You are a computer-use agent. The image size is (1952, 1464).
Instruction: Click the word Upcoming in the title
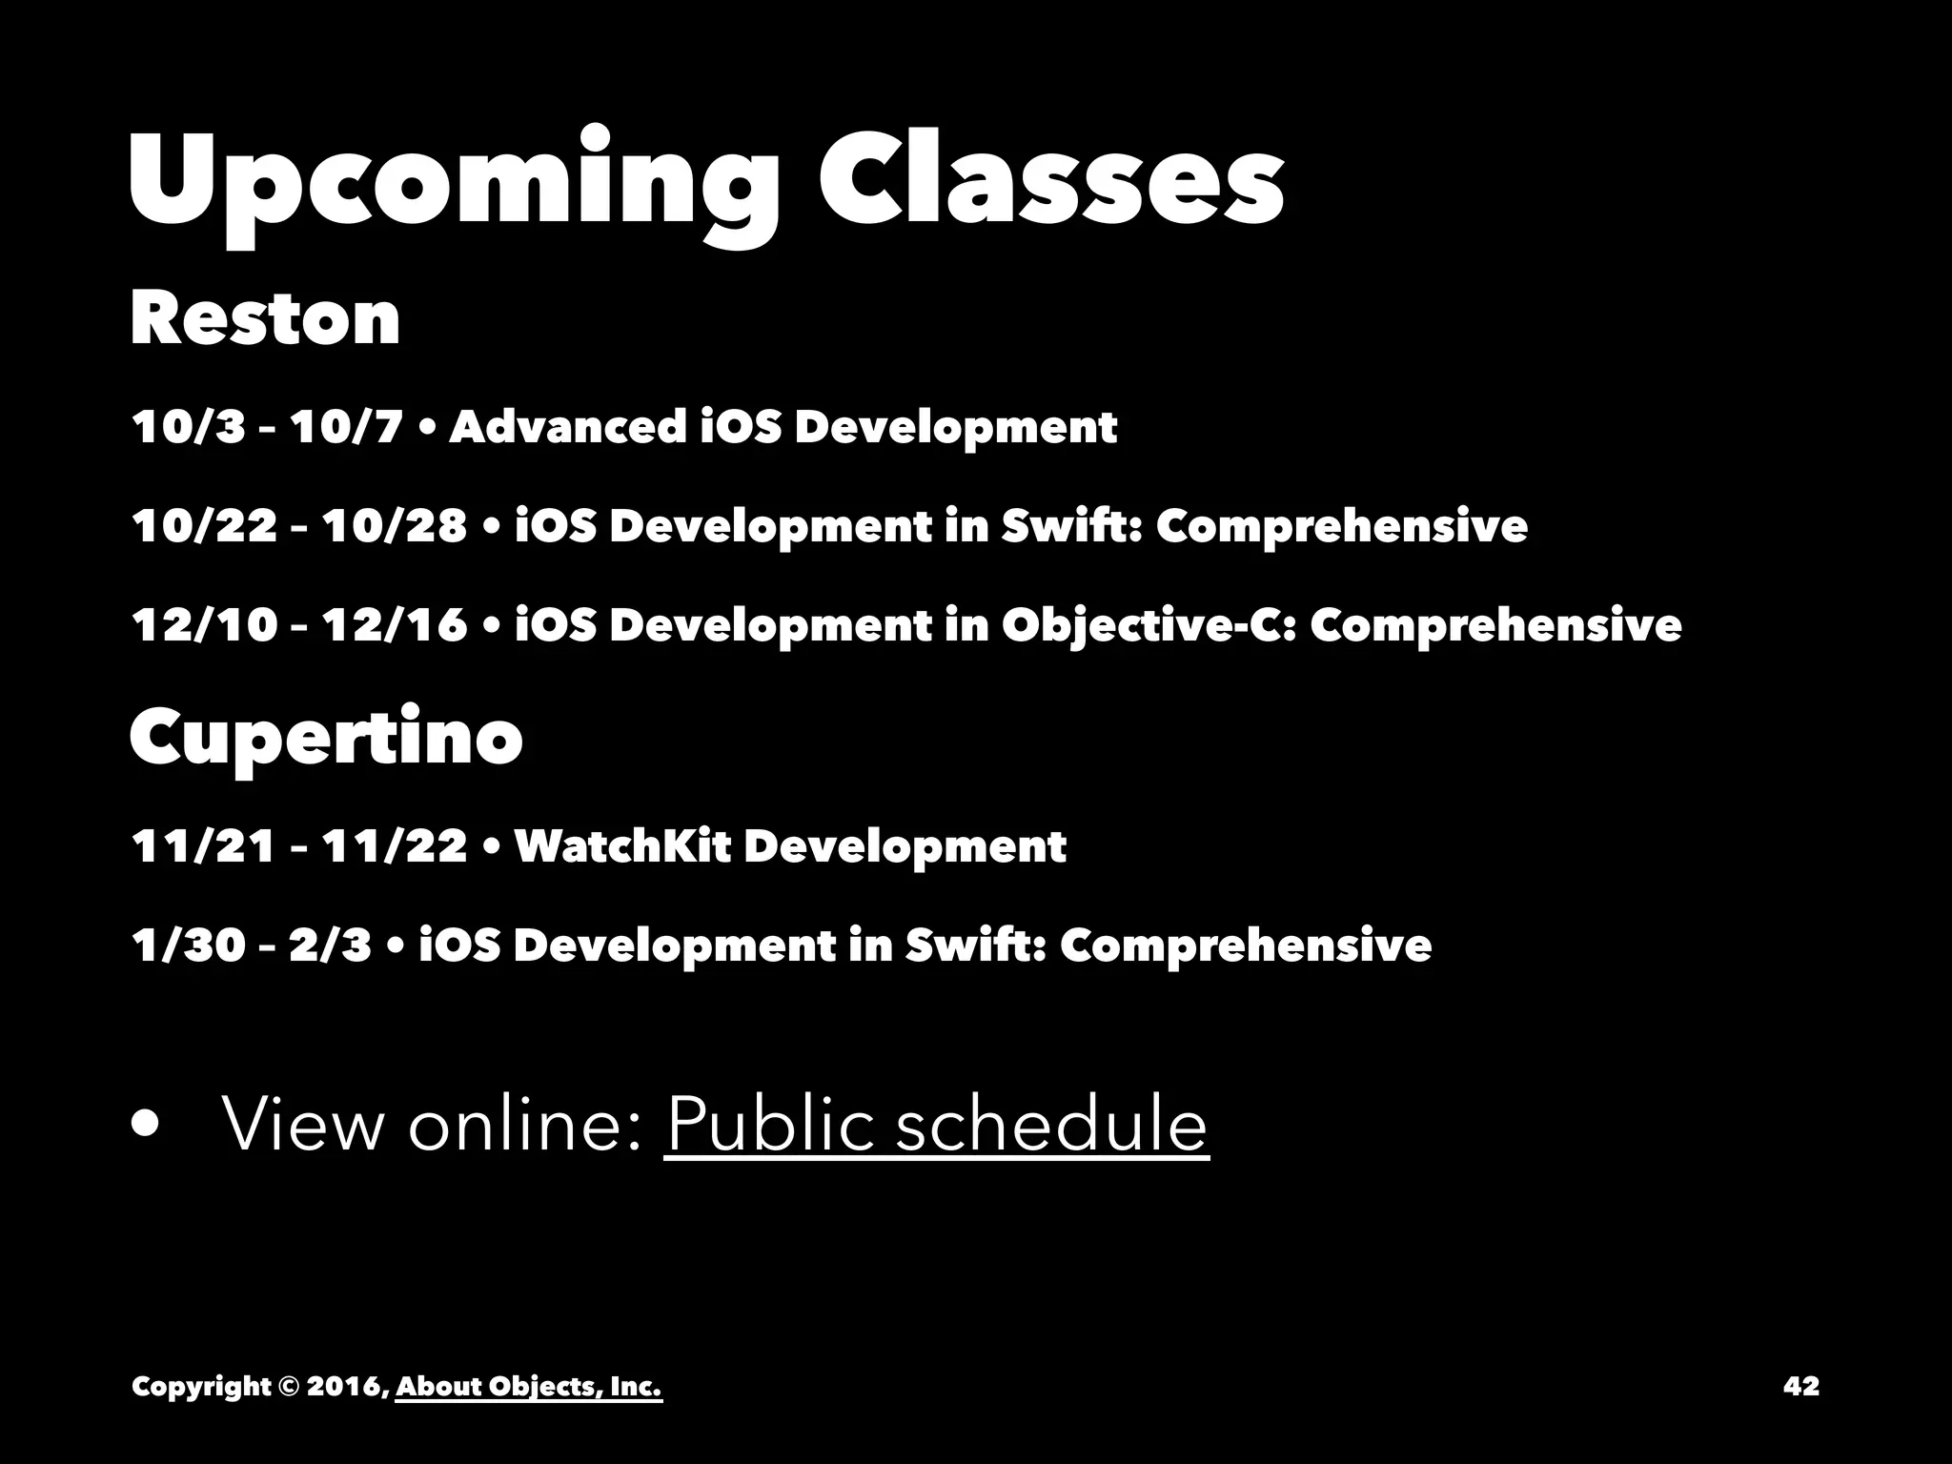453,181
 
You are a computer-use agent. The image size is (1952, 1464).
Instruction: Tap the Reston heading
265,318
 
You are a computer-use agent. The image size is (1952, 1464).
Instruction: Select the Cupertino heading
326,740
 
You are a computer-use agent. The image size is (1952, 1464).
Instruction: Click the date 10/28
395,526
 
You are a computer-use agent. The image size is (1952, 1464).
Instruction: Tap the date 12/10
203,626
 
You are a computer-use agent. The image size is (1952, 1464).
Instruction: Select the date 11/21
203,845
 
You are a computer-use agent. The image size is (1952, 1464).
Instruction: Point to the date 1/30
189,945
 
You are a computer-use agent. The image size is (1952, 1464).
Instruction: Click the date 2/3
330,945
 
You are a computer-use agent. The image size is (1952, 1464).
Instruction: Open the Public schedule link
936,1125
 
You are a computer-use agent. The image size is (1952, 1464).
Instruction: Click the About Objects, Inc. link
529,1386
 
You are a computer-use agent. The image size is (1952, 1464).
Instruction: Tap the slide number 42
1800,1386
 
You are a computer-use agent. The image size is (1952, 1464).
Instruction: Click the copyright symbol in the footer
288,1386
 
